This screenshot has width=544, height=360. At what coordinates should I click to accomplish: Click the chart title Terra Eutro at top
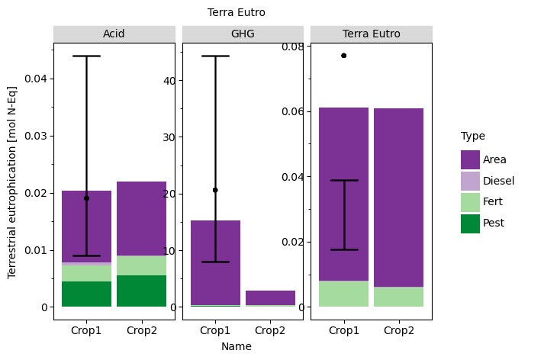[237, 12]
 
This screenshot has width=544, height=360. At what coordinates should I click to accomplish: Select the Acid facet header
[114, 34]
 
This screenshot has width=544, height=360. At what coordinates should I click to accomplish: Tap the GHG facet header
[243, 34]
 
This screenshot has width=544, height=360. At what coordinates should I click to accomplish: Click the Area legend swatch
[470, 159]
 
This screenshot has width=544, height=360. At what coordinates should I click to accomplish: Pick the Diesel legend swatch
[470, 181]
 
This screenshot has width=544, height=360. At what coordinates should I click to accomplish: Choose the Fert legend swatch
[470, 202]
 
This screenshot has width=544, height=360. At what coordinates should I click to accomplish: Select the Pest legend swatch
[470, 223]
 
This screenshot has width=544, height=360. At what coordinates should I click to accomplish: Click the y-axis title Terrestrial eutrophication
[12, 182]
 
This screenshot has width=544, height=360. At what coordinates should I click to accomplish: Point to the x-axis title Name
[237, 346]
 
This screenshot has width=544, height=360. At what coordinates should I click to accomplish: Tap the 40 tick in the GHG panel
[169, 80]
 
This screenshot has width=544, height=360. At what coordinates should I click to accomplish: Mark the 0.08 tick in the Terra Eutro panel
[295, 47]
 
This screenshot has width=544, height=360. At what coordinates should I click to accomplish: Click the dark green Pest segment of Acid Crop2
[141, 291]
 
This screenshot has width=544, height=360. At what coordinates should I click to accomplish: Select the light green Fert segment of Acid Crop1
[86, 273]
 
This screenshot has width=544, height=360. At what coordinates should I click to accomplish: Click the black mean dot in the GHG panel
[215, 190]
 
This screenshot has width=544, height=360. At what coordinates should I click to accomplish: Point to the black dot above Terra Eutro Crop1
[343, 56]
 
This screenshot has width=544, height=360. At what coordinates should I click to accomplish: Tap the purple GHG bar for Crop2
[270, 297]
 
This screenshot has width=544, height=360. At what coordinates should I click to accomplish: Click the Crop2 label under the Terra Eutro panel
[398, 330]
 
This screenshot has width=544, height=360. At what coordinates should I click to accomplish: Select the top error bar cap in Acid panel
[86, 56]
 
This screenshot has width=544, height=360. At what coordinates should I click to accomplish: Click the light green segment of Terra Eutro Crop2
[398, 297]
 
